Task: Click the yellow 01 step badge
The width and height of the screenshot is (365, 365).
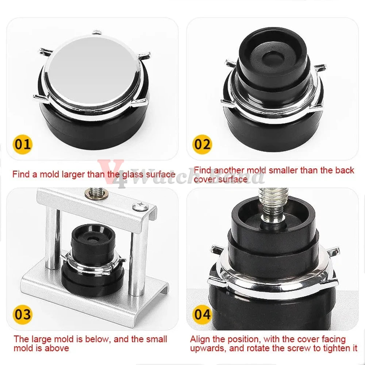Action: (x=23, y=144)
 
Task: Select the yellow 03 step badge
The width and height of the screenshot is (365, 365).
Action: (x=23, y=315)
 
